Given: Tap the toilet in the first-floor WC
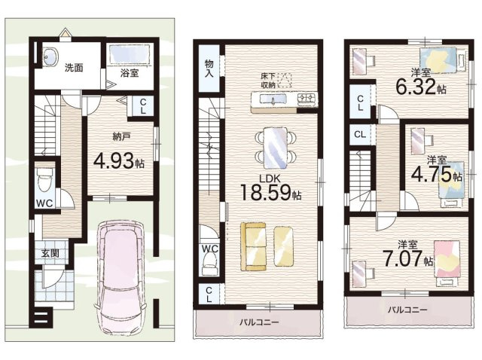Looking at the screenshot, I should click(x=44, y=182).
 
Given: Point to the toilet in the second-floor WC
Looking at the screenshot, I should click(x=209, y=260).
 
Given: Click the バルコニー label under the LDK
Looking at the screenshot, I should click(x=260, y=323).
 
